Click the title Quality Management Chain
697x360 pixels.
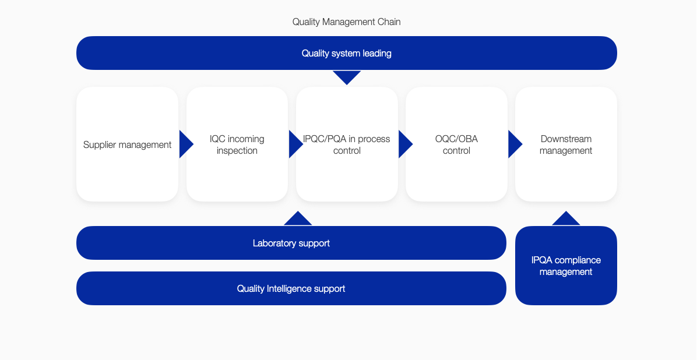tap(346, 22)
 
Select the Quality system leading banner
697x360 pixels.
tap(347, 53)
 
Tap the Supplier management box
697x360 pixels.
tap(127, 144)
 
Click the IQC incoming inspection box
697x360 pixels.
tap(237, 144)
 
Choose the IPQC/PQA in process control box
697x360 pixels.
tap(347, 144)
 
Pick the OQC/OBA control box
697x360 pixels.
tap(456, 144)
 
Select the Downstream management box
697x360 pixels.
tap(566, 144)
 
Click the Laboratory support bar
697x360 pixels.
tap(291, 243)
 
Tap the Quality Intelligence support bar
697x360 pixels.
tap(291, 288)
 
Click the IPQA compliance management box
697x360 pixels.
tap(566, 266)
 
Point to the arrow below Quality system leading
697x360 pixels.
tap(347, 77)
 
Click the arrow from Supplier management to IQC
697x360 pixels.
tap(186, 144)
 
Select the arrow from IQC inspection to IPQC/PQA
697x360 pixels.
tap(296, 144)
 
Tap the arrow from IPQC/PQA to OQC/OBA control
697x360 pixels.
tap(406, 144)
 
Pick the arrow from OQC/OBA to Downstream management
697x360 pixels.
tap(515, 144)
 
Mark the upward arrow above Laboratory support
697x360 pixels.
tap(298, 218)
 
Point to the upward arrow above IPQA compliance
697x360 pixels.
tap(566, 218)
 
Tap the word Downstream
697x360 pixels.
tap(566, 139)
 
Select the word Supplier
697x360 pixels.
tap(98, 145)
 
